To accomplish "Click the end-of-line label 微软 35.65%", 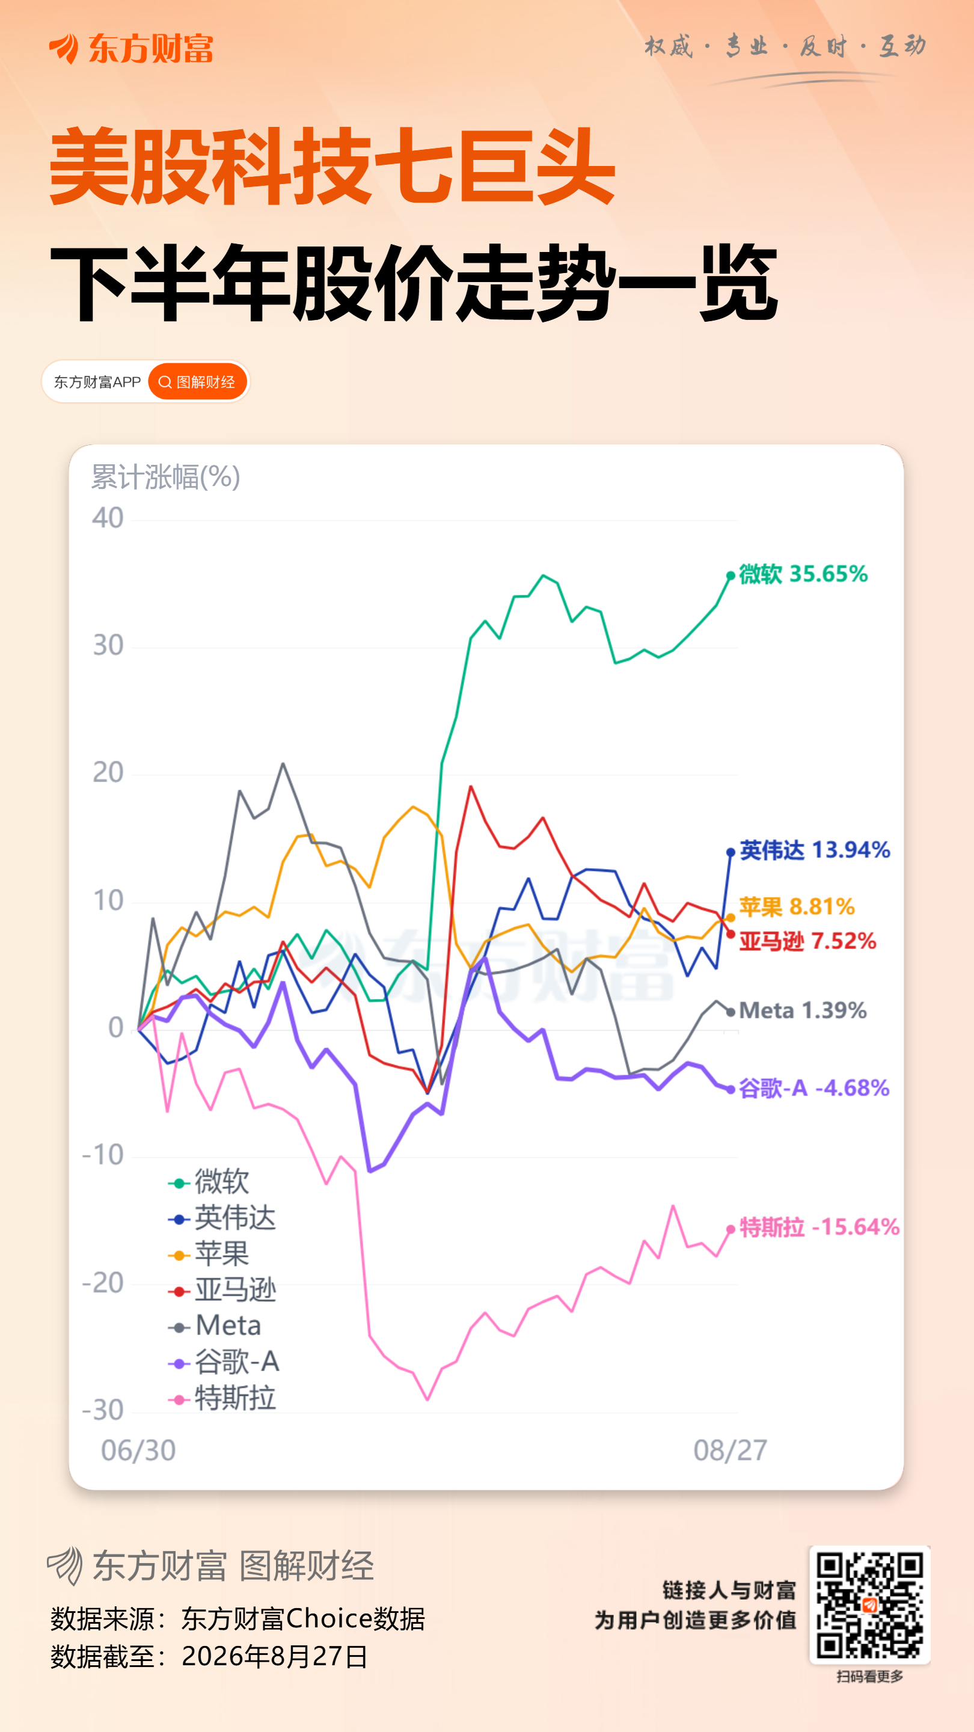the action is tap(803, 574).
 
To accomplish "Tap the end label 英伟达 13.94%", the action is tap(815, 850).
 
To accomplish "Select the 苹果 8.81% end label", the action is tap(797, 907).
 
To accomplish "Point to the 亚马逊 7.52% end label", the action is tap(807, 941).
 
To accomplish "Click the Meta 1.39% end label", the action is tap(803, 1010).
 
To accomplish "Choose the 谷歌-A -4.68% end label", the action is tap(814, 1088).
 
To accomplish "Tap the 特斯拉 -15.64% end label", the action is tap(819, 1227).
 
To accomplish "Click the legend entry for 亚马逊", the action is tap(222, 1289).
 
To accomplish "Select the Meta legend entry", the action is tap(215, 1326).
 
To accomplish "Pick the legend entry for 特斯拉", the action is tap(222, 1398).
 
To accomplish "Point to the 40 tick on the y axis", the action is tap(108, 518).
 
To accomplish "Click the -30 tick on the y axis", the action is tap(103, 1410).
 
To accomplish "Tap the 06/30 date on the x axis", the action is tap(138, 1451).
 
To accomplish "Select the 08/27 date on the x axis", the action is tap(730, 1451).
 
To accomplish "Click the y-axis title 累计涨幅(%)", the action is tap(165, 478).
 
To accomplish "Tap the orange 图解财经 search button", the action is tap(198, 382).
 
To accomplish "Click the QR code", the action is tap(870, 1606).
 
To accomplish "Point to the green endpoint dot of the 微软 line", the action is tap(730, 576).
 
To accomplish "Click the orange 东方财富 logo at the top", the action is tap(131, 48).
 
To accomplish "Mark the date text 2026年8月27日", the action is tap(275, 1656).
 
